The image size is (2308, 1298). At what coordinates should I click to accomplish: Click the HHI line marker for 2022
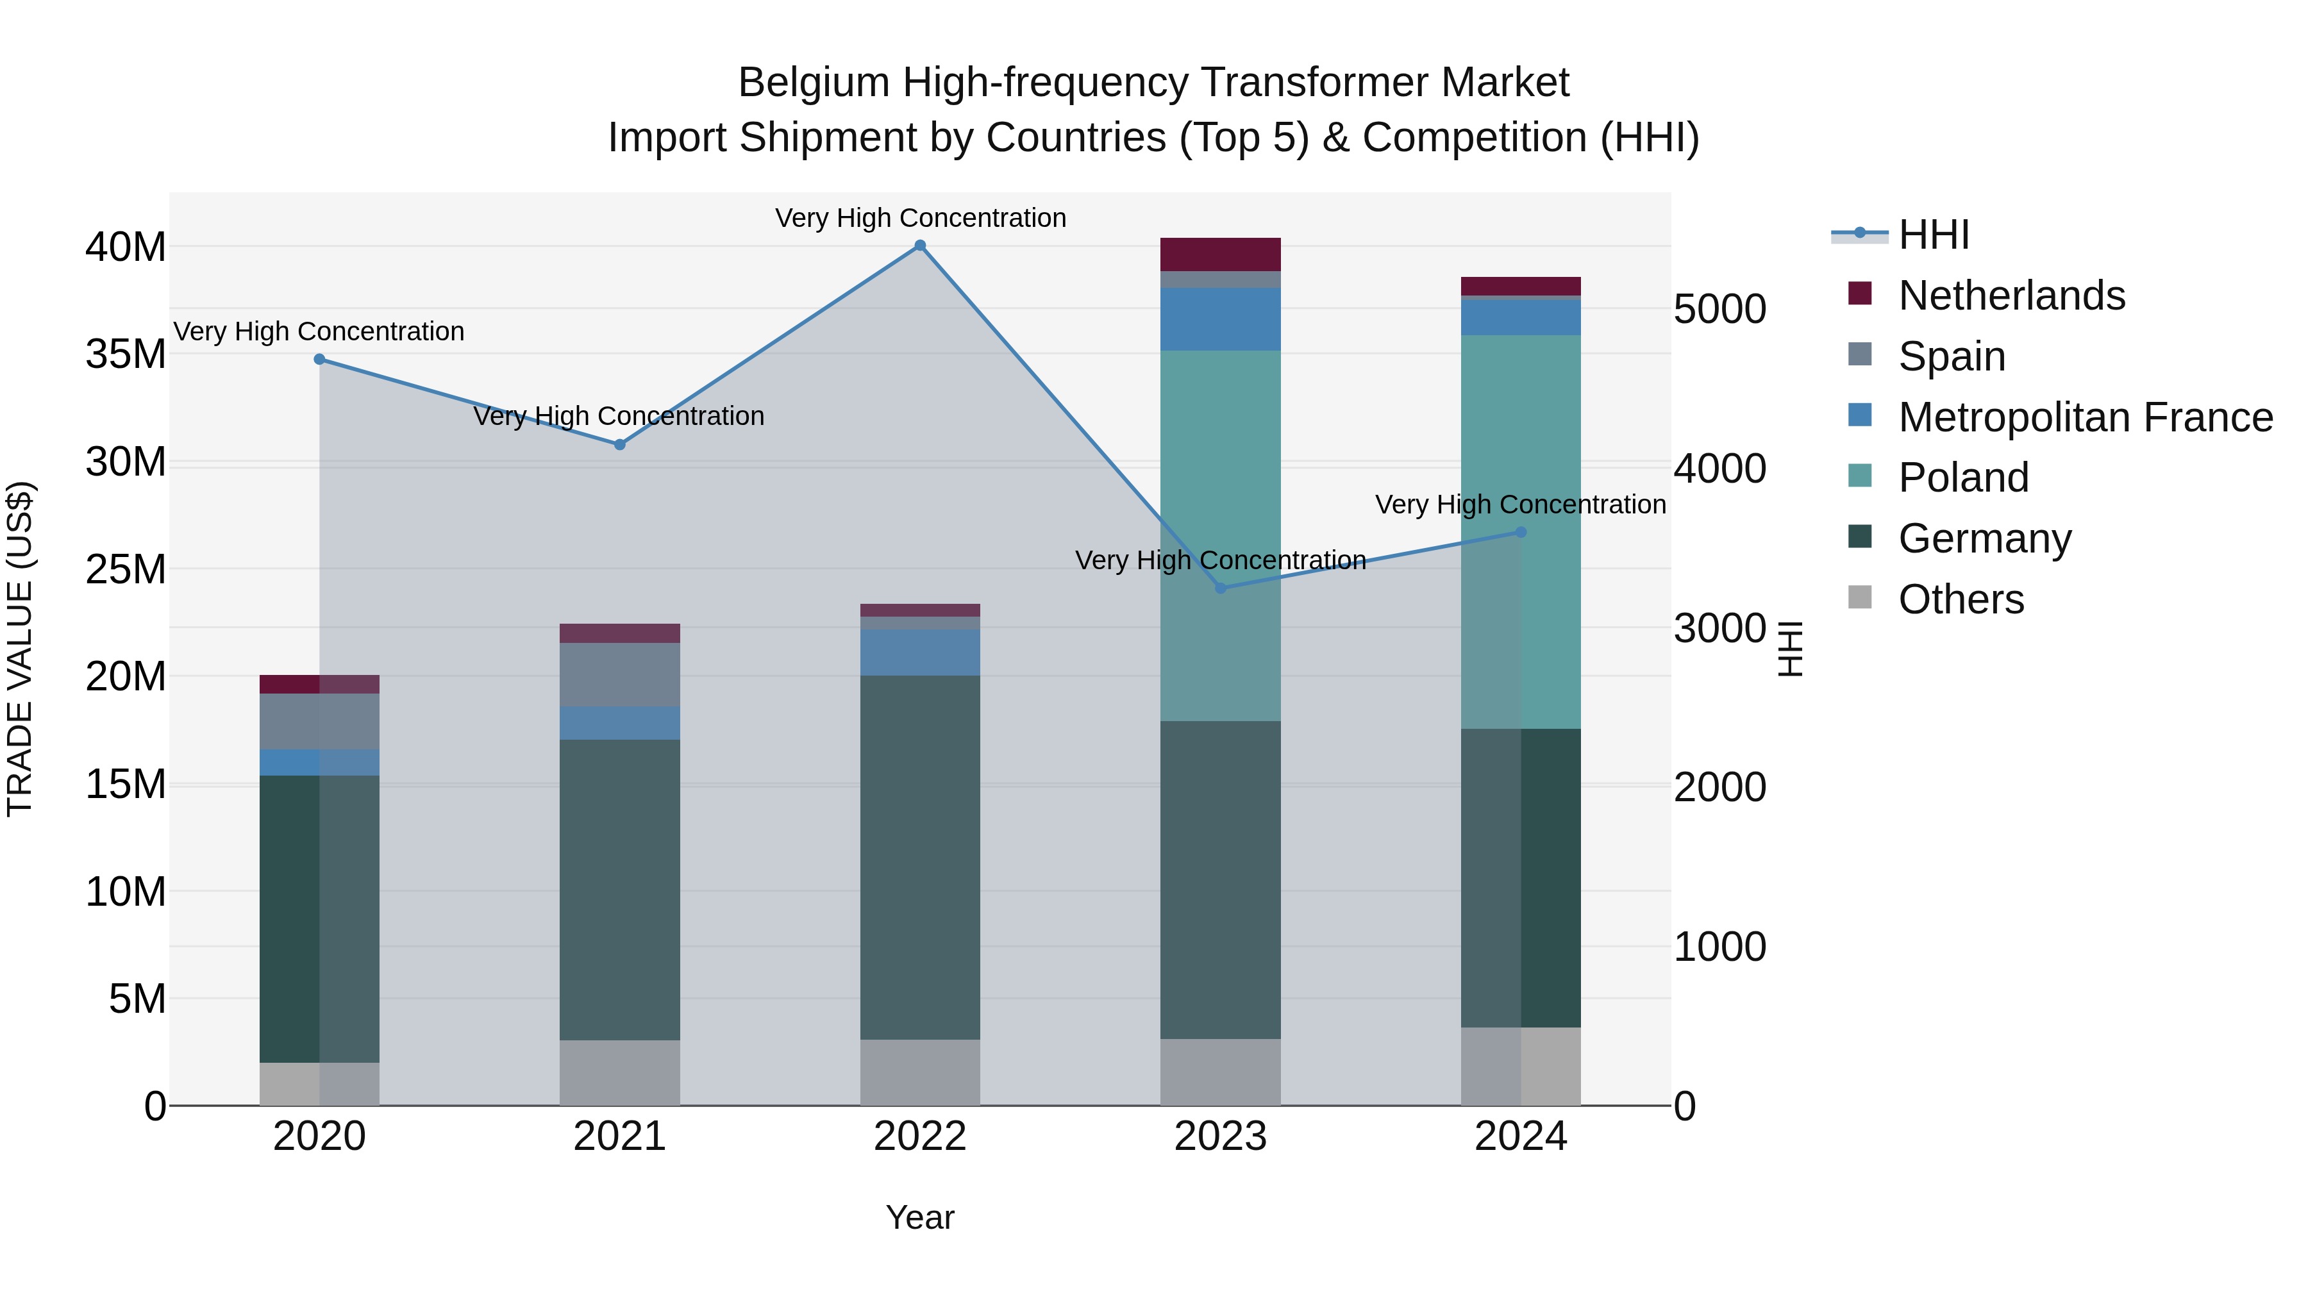[x=919, y=245]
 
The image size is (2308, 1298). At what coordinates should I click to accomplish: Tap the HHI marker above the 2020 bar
[x=319, y=359]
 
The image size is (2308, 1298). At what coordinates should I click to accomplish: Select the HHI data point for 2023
[x=1220, y=588]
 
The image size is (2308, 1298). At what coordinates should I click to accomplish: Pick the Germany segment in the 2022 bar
[x=919, y=856]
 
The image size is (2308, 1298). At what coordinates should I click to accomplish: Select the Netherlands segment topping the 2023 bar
[x=1220, y=254]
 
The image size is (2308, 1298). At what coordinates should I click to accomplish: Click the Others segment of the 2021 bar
[x=619, y=1072]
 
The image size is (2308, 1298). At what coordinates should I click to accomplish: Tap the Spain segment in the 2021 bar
[x=619, y=674]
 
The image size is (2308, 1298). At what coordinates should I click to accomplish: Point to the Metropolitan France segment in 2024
[x=1521, y=317]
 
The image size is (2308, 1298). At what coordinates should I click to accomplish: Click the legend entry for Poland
[x=1962, y=478]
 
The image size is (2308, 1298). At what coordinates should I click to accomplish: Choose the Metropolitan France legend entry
[x=2084, y=417]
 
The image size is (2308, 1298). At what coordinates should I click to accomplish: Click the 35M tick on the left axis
[x=126, y=354]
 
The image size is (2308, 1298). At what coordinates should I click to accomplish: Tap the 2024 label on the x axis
[x=1521, y=1136]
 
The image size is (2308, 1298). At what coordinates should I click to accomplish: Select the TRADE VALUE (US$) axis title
[x=20, y=649]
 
